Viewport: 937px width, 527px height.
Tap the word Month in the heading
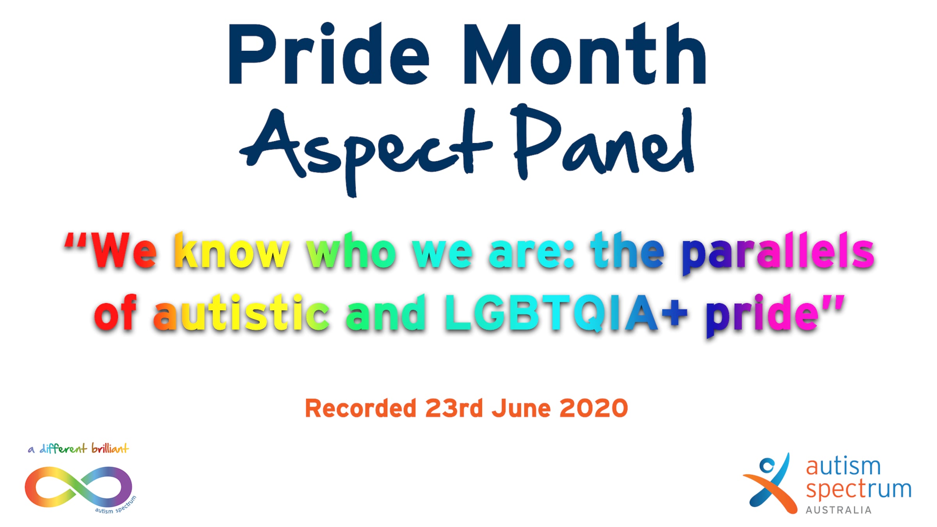tap(585, 53)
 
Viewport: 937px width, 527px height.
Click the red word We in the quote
tap(123, 251)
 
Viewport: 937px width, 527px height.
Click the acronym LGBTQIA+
tap(566, 313)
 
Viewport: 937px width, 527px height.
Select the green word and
tap(385, 312)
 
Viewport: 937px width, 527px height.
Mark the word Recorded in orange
tap(360, 408)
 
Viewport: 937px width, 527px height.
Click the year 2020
tap(593, 408)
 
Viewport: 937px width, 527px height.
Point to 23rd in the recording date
tap(454, 408)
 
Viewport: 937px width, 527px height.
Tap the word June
tap(521, 408)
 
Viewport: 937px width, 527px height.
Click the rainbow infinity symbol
tap(78, 487)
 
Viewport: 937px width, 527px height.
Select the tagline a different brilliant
tap(78, 449)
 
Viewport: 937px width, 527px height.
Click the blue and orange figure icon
tap(770, 483)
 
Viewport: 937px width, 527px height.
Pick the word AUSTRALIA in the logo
tap(839, 510)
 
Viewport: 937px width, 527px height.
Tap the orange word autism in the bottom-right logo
tap(843, 466)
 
